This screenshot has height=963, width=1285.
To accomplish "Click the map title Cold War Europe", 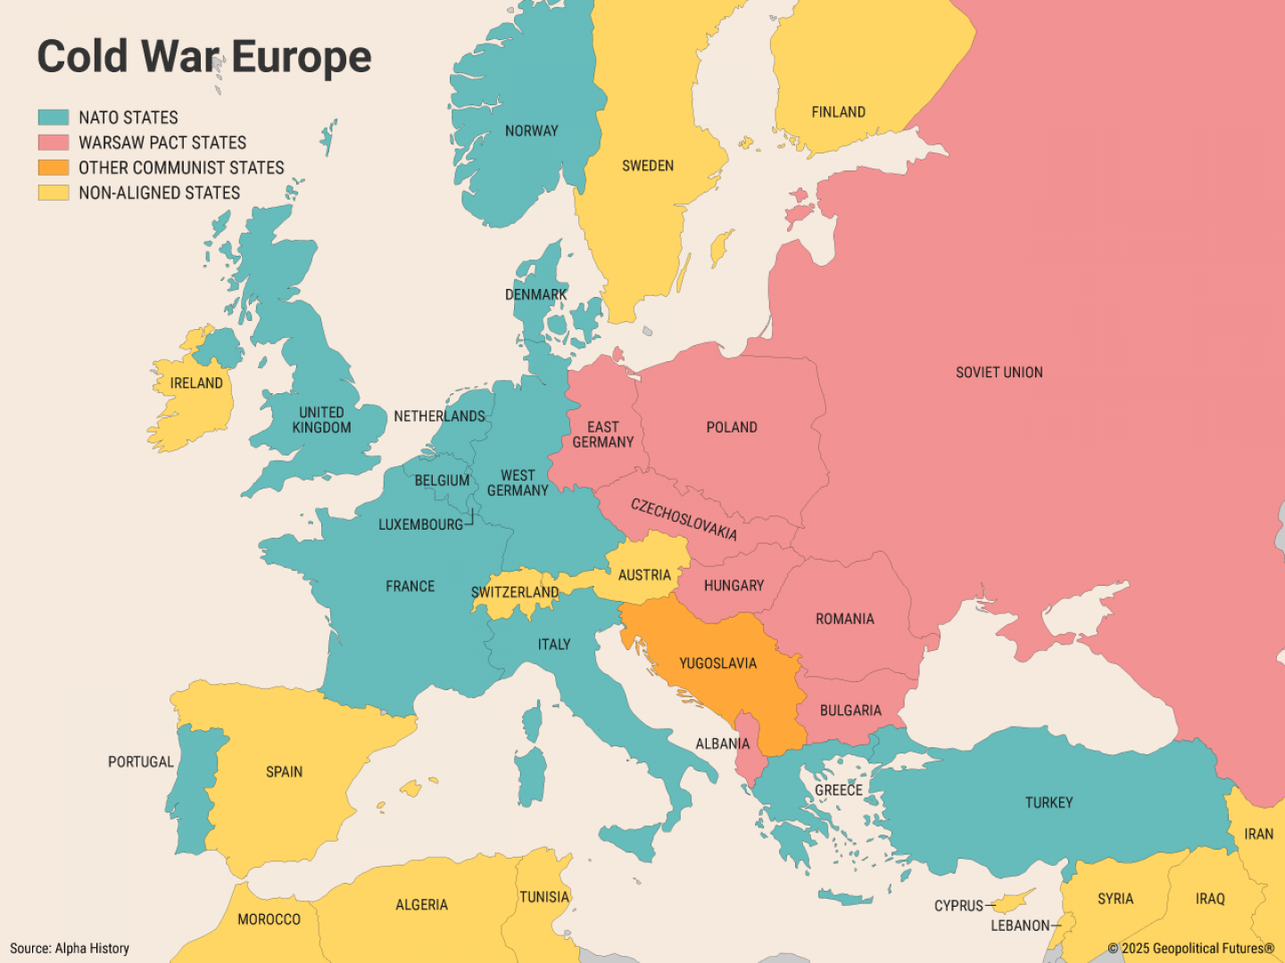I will click(203, 57).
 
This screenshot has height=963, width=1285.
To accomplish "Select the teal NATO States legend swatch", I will click(54, 117).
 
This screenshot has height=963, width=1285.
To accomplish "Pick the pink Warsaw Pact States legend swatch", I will click(54, 142).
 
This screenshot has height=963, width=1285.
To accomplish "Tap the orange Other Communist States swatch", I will click(54, 167).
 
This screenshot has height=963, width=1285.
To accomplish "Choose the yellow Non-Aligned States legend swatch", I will click(54, 192).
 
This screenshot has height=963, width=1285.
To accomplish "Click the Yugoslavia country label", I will click(717, 663).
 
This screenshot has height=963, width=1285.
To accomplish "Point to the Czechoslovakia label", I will click(684, 520).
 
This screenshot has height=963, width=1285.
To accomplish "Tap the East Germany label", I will click(603, 434).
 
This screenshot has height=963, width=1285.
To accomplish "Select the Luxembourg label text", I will click(420, 524).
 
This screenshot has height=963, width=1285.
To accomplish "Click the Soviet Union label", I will click(999, 373).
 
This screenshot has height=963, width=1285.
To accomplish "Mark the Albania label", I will click(722, 744).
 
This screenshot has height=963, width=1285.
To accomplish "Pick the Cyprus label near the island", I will click(958, 906).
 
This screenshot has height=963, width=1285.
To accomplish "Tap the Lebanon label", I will click(1020, 926).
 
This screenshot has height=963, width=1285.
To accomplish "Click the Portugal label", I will click(140, 761).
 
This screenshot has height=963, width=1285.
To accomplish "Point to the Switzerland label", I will click(515, 592).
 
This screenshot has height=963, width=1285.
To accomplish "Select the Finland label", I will click(838, 112).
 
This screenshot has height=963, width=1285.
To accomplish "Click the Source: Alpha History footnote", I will click(70, 948).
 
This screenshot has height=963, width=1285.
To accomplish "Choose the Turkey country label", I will click(1049, 802).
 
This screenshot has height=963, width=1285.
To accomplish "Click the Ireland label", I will click(196, 383).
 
